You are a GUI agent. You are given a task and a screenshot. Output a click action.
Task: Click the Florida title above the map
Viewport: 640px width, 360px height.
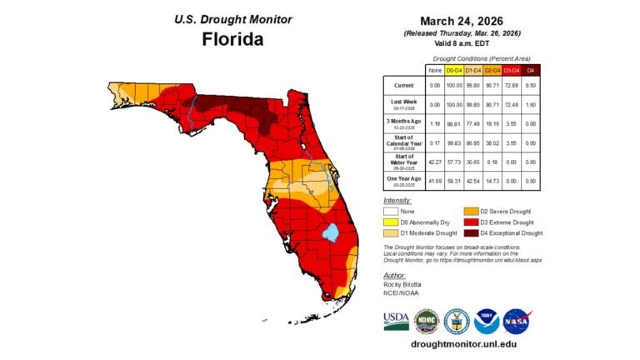coord(232,39)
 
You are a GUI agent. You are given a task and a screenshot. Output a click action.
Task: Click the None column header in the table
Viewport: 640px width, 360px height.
coord(434,71)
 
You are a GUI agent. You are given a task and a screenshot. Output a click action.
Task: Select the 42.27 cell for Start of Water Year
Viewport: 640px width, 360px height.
coord(434,161)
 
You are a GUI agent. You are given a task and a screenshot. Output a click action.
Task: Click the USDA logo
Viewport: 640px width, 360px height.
coord(396,319)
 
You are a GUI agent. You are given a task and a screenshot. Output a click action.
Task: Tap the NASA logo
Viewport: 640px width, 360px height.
coord(517,319)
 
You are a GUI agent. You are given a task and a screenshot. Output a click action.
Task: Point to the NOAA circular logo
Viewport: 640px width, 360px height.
coord(487,319)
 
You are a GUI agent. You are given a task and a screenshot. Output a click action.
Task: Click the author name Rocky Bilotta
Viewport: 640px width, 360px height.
coord(403,284)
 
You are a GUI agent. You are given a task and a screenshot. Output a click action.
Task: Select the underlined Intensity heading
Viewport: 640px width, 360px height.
coord(397,201)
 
